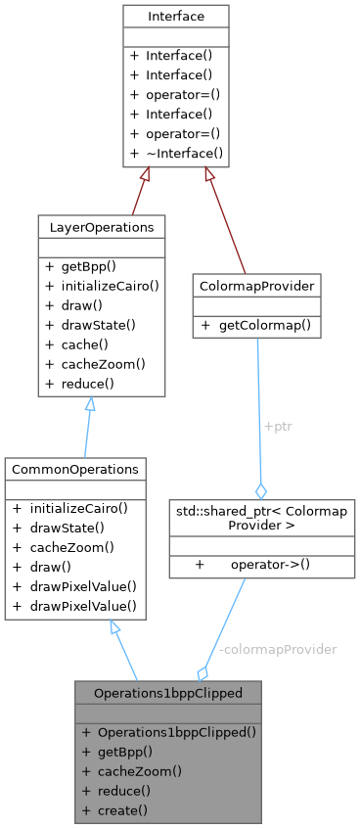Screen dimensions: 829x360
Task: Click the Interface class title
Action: pos(175,17)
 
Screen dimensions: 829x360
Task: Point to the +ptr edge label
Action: pos(278,428)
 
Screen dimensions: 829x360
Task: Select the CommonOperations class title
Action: pos(75,470)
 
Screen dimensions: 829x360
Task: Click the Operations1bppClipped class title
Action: pos(168,692)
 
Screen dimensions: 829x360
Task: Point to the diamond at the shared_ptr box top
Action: pos(261,489)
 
